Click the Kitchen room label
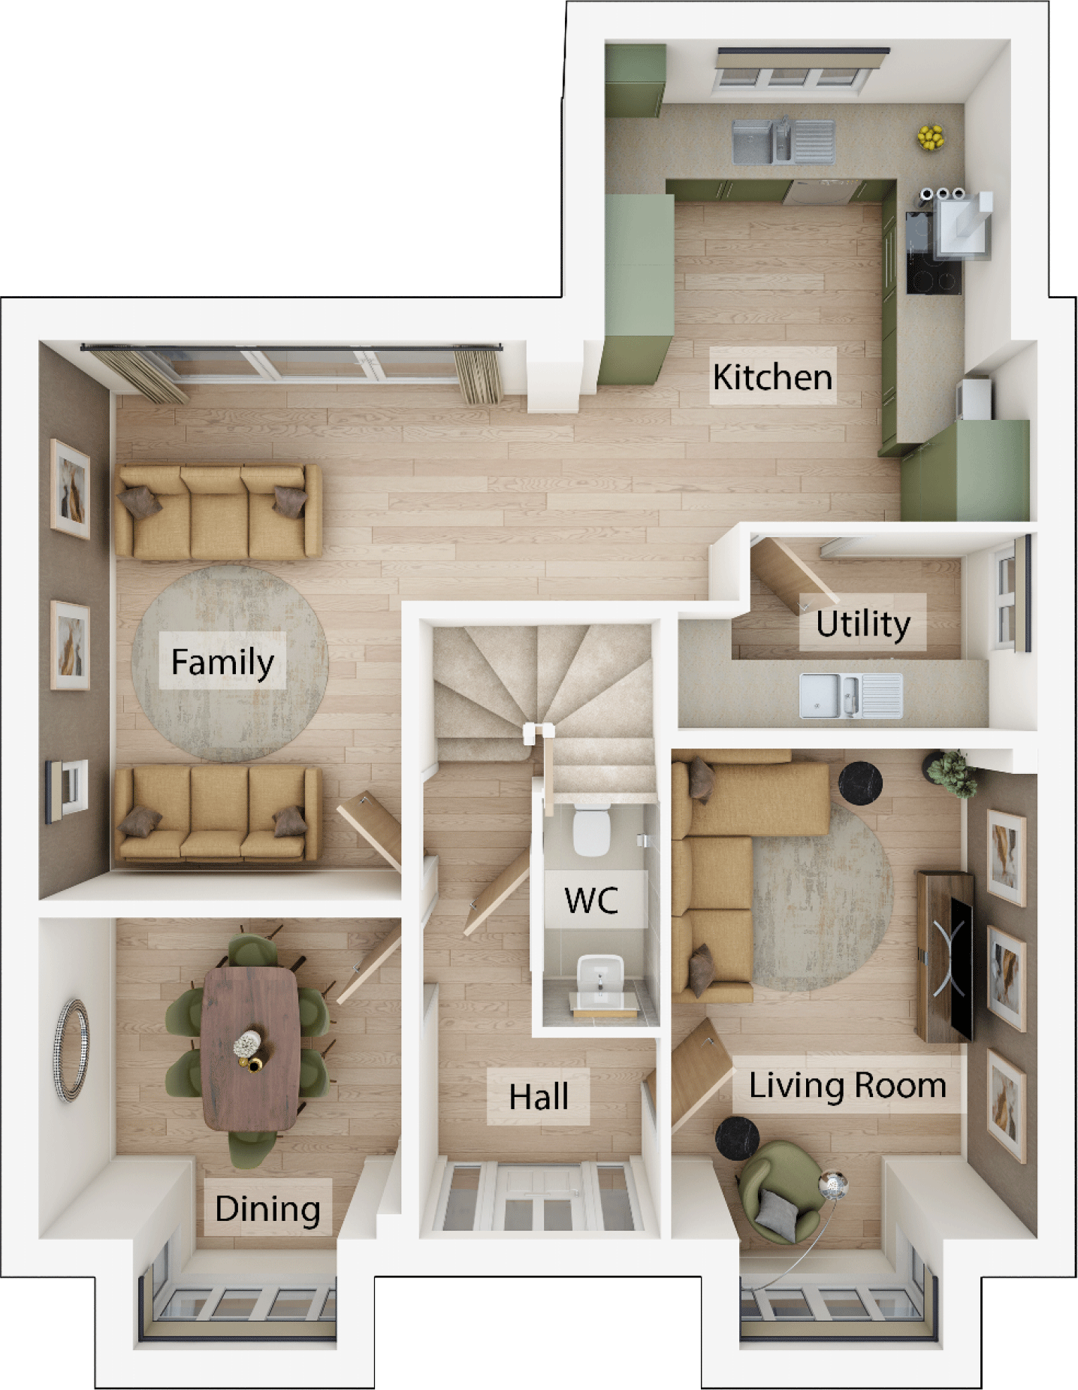[x=772, y=376]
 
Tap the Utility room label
[x=862, y=623]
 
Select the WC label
[x=592, y=899]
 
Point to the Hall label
[x=538, y=1097]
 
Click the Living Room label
[x=847, y=1086]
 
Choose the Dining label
[x=267, y=1209]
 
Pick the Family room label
[x=222, y=661]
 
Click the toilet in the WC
[x=591, y=829]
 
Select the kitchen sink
[x=783, y=141]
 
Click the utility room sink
[x=850, y=695]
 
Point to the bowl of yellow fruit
[x=930, y=137]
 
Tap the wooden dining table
[x=251, y=1047]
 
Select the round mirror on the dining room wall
[x=71, y=1050]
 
